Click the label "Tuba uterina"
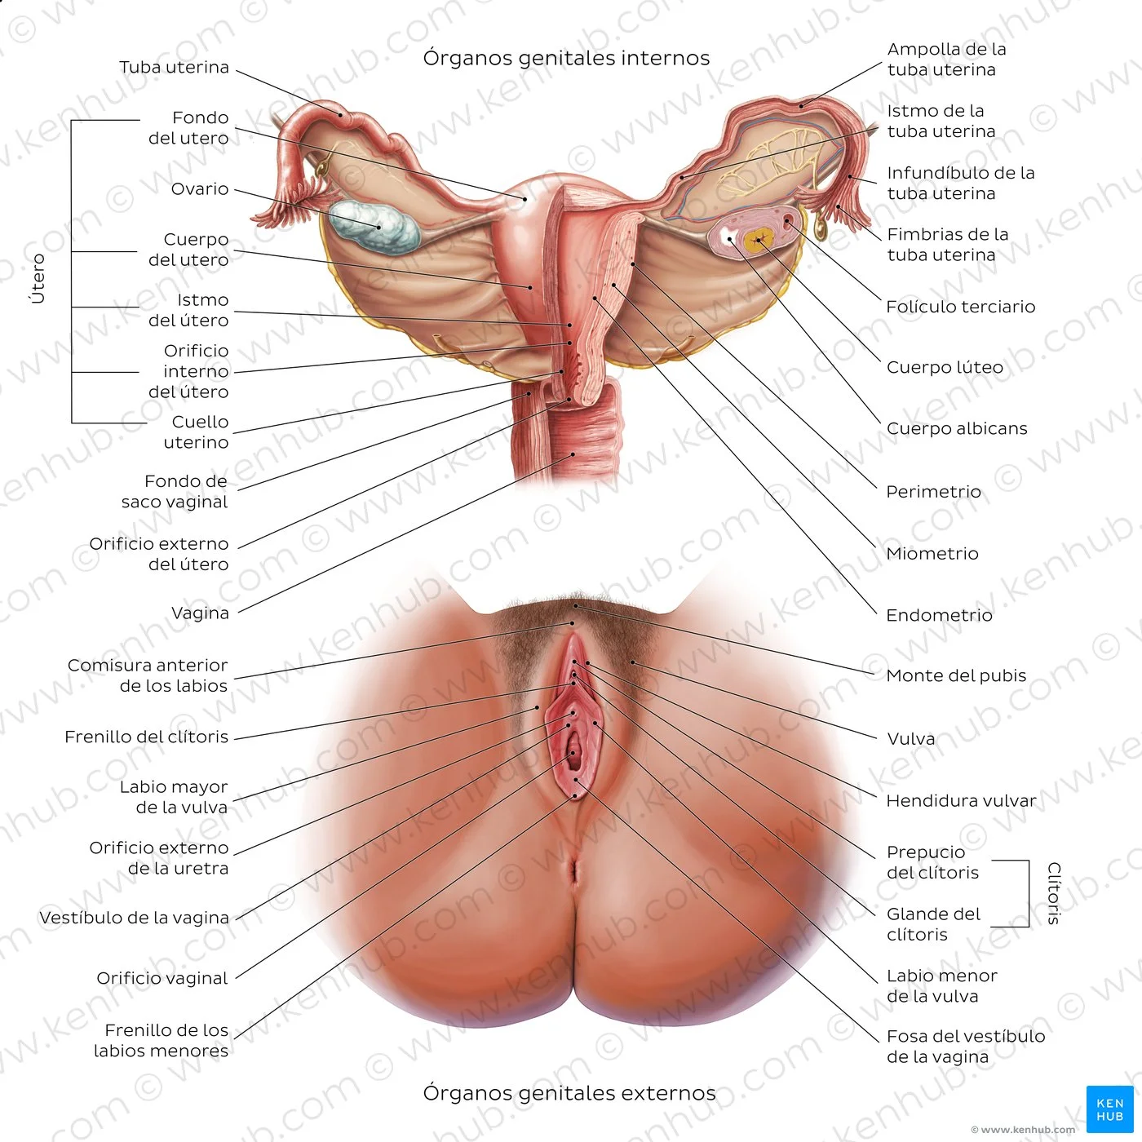[174, 68]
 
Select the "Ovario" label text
[200, 189]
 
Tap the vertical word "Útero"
[38, 278]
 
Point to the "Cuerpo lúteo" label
[945, 367]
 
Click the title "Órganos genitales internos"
[566, 58]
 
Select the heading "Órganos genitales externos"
[569, 1093]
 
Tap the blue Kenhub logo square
[1110, 1109]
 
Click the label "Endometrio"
[939, 615]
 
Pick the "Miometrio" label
[932, 554]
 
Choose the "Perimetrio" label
[933, 492]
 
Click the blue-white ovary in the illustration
[374, 227]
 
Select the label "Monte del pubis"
[956, 675]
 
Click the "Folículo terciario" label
[960, 307]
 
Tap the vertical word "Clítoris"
[1054, 893]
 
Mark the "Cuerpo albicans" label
[957, 428]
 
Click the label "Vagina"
[200, 613]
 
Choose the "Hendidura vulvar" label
[961, 801]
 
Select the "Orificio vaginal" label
[162, 978]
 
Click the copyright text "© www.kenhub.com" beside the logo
[1023, 1130]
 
